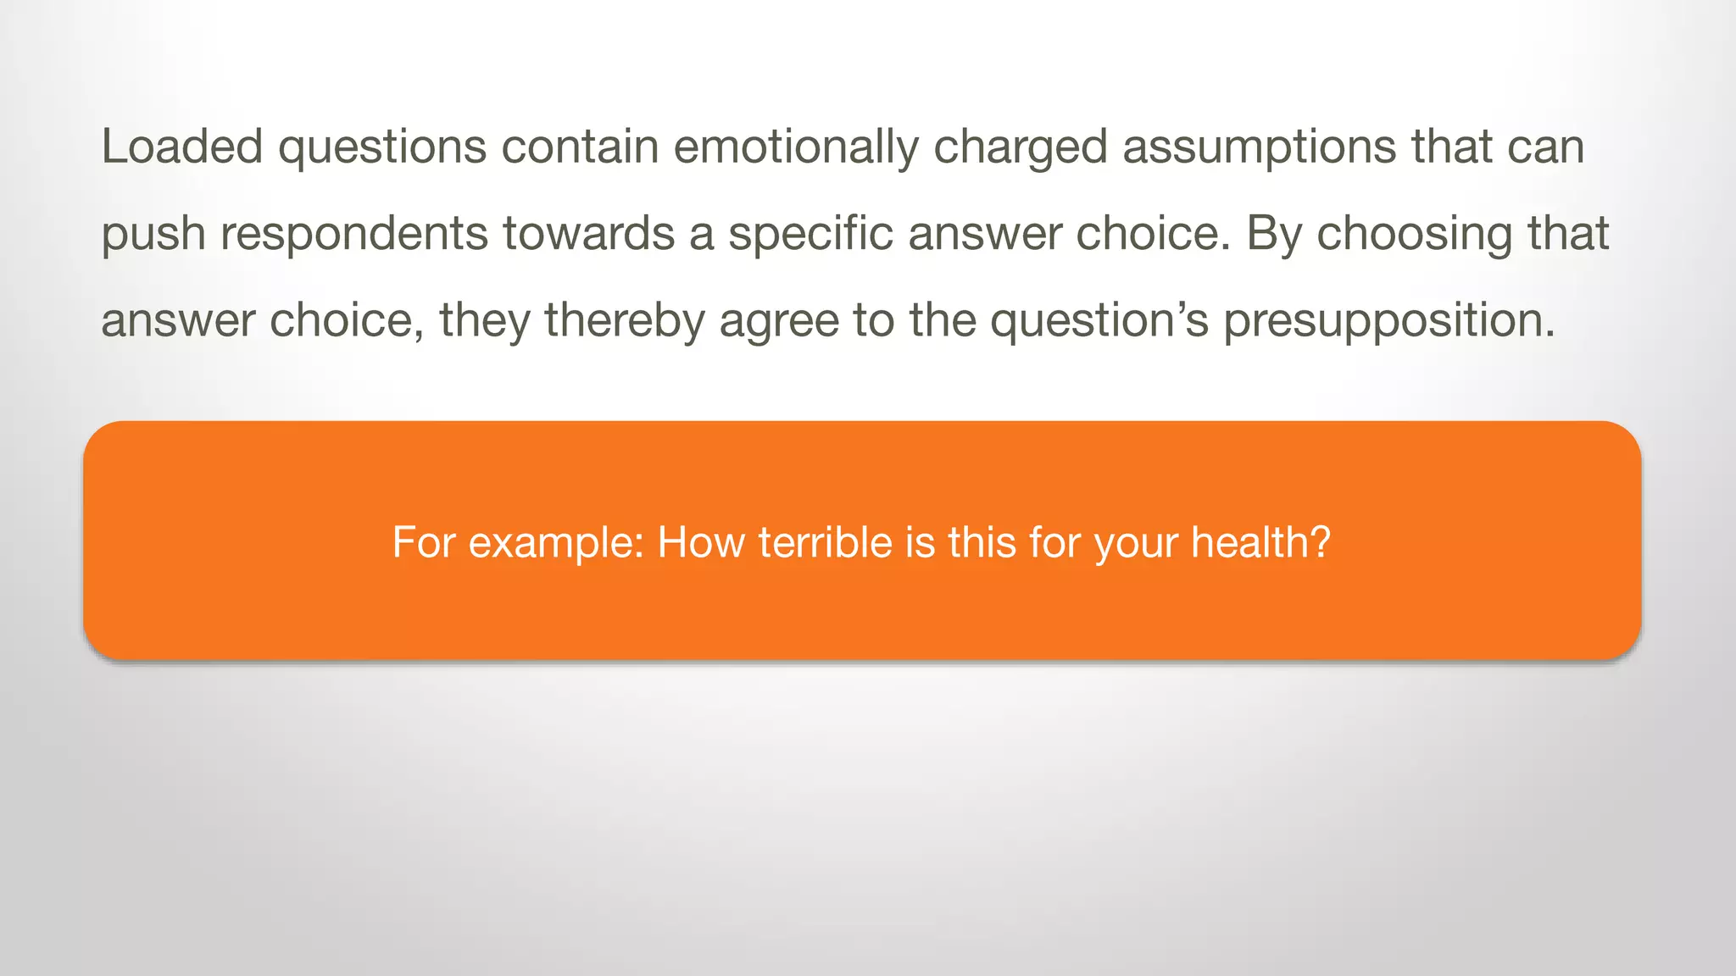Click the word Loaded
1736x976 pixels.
point(182,146)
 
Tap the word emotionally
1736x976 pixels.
point(796,147)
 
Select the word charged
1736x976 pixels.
point(1021,147)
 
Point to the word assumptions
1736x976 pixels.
point(1260,147)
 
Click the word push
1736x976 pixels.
point(153,234)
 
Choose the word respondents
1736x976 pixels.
point(354,234)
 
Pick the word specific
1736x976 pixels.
point(810,234)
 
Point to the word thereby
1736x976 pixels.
point(625,320)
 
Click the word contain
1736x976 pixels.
point(580,146)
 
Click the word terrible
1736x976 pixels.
point(825,542)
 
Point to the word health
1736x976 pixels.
point(1260,542)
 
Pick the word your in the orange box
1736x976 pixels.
point(1136,544)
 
